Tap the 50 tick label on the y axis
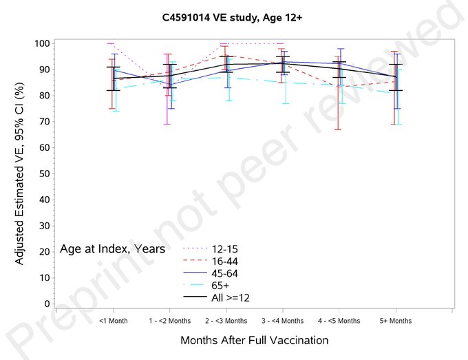(43, 173)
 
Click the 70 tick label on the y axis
(43, 122)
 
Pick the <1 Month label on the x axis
(113, 321)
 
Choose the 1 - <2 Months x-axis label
(169, 321)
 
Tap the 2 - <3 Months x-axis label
(226, 321)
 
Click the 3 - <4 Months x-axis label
(282, 321)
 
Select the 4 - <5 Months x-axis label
(339, 321)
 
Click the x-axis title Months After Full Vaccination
(254, 341)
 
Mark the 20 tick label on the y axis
(43, 251)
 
